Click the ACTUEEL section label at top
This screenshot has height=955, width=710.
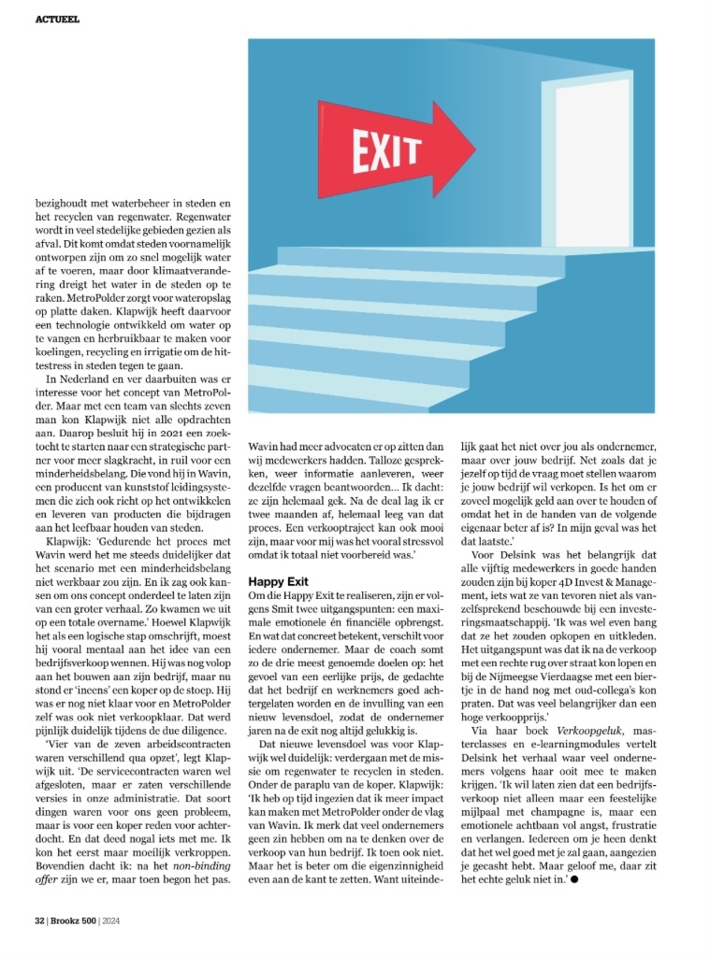coord(58,18)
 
